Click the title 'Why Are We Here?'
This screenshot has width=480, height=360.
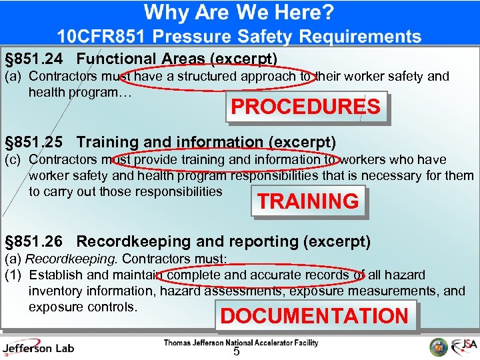(239, 12)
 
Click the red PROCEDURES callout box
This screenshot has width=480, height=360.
(306, 107)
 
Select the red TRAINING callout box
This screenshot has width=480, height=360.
(308, 201)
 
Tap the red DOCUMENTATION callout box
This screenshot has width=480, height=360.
(315, 316)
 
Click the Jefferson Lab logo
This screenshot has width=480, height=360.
(38, 347)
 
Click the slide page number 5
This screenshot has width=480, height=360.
(236, 352)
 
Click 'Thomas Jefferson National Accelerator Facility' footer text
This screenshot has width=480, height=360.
(241, 343)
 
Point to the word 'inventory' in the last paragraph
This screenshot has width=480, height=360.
(55, 291)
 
